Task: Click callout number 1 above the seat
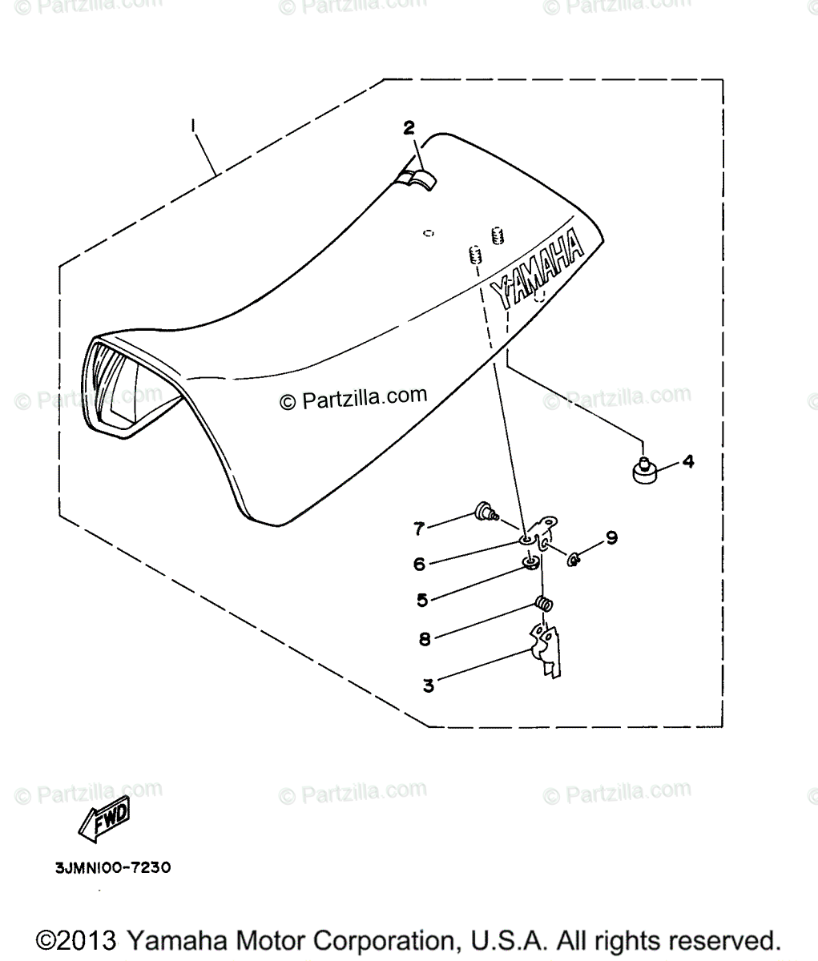[x=193, y=126]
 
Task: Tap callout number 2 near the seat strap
[x=409, y=127]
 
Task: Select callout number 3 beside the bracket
[x=429, y=686]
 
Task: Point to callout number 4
[x=687, y=461]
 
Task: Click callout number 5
[x=421, y=598]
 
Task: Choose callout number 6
[x=419, y=564]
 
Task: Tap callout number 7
[x=418, y=528]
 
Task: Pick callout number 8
[x=424, y=638]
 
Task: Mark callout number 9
[x=611, y=537]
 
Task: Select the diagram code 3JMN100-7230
[x=114, y=867]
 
